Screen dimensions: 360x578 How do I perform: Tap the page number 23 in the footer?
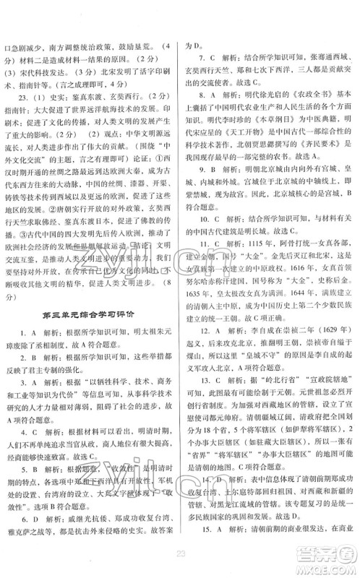179,552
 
